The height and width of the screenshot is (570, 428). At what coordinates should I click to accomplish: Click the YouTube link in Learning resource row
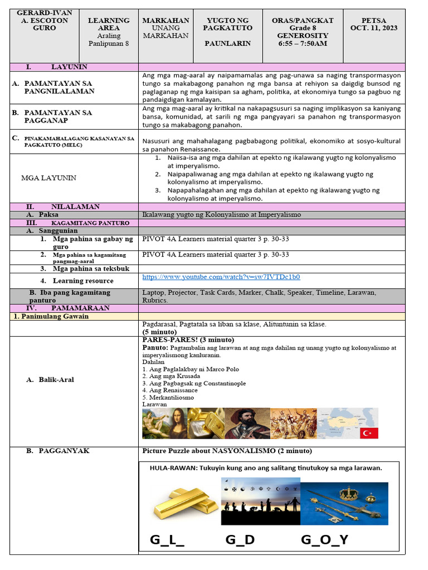[221, 277]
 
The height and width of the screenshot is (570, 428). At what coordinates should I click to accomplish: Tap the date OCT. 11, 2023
[374, 28]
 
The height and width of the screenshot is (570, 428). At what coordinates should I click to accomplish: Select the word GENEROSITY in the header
[302, 36]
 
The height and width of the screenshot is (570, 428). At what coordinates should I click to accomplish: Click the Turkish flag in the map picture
[369, 433]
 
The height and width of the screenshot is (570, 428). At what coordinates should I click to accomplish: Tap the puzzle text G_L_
[167, 540]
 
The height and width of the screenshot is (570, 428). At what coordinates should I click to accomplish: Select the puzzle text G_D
[240, 540]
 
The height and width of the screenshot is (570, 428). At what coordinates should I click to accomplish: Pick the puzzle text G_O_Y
[324, 540]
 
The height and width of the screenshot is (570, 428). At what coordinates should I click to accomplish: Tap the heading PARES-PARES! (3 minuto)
[188, 340]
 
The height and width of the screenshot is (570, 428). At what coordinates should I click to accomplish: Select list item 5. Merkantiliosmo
[168, 398]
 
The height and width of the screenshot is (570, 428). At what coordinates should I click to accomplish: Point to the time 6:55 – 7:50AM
[302, 43]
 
